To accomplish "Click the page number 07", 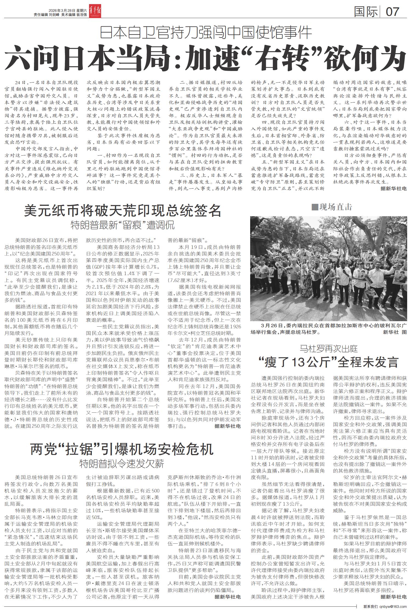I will pos(392,12).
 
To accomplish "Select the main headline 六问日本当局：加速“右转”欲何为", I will pos(206,58).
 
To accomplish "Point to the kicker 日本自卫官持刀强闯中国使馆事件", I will pos(206,33).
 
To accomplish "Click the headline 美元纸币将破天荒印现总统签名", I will pos(122,210).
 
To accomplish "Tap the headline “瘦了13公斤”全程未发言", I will pos(329,362).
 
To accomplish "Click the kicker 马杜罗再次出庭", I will pos(329,349).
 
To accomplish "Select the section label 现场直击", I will pos(336,207).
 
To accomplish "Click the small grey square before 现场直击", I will pos(315,207).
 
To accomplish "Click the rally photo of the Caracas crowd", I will pos(329,269).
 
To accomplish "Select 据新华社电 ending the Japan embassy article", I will pos(393,189).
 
